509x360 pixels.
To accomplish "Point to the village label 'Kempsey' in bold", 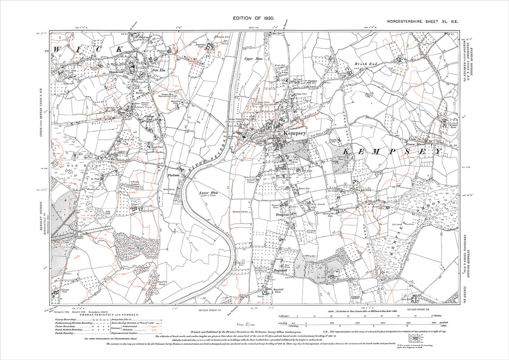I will coord(294,133).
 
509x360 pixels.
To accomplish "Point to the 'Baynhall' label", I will coord(281,269).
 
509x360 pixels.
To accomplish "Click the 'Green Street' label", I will coord(416,144).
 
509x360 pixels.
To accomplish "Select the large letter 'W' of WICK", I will coord(58,49).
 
